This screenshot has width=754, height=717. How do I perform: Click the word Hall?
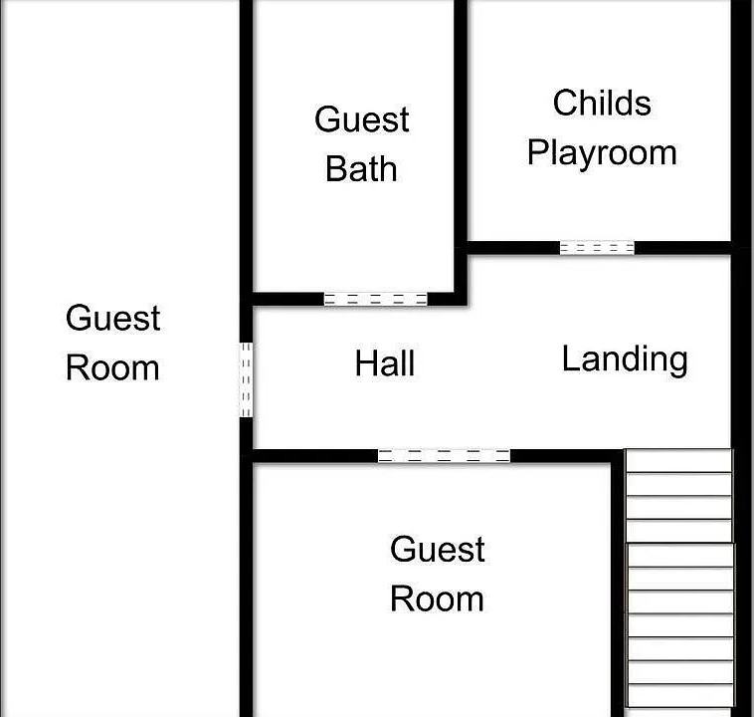click(385, 363)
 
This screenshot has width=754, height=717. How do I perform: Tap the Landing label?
click(625, 359)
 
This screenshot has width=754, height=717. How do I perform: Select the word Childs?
click(602, 103)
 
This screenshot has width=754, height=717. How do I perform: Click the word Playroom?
click(602, 153)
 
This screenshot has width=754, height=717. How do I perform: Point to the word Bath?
click(361, 169)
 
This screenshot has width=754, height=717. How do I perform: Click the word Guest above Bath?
click(362, 119)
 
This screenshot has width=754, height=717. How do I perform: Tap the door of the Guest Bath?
click(376, 299)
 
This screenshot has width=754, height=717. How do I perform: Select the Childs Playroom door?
click(597, 248)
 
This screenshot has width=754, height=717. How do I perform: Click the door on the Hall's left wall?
click(246, 380)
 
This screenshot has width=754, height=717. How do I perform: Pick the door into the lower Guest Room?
click(444, 456)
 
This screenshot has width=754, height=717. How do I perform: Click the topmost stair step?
click(678, 461)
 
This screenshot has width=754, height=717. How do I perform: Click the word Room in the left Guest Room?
click(112, 368)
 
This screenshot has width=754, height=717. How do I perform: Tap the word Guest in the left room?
click(113, 318)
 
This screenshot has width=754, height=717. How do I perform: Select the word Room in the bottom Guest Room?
click(437, 599)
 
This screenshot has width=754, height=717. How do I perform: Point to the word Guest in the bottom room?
click(437, 549)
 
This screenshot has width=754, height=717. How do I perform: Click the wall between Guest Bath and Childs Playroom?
click(461, 144)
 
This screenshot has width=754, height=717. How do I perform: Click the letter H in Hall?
click(365, 363)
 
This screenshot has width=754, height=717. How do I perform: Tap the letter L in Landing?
click(570, 358)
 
